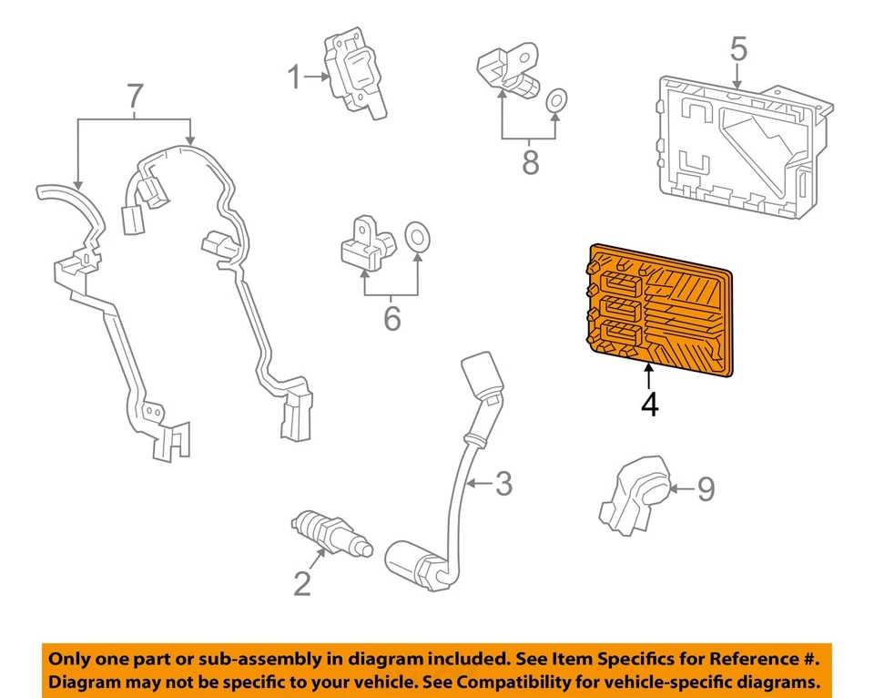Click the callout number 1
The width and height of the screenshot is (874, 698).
pyautogui.click(x=293, y=78)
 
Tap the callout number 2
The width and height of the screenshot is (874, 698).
pyautogui.click(x=302, y=581)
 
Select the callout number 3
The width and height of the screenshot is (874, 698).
pyautogui.click(x=503, y=484)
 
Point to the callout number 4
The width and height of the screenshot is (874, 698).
pyautogui.click(x=648, y=404)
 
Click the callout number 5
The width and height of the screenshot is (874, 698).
pyautogui.click(x=737, y=49)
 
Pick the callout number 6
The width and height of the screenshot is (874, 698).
pyautogui.click(x=391, y=318)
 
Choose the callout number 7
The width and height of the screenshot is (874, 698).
pyautogui.click(x=135, y=95)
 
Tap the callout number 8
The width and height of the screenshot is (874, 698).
pyautogui.click(x=530, y=162)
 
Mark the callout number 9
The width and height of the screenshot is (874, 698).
pyautogui.click(x=706, y=489)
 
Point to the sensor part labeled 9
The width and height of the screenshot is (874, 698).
pyautogui.click(x=635, y=497)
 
